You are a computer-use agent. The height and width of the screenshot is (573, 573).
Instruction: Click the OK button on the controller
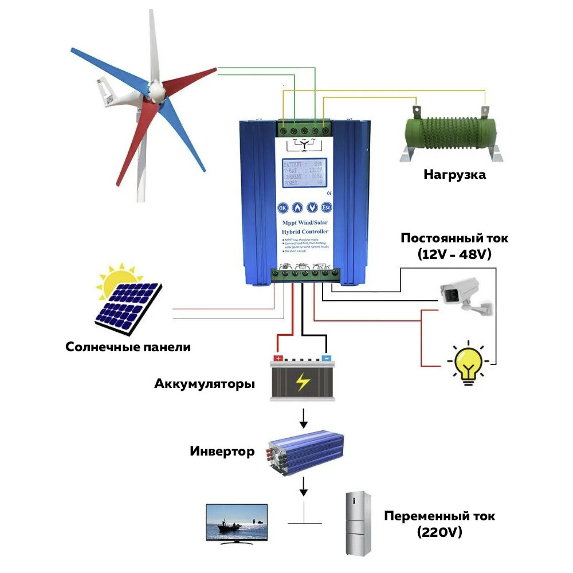pyautogui.click(x=282, y=208)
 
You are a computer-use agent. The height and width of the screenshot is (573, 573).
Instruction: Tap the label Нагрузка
pyautogui.click(x=454, y=175)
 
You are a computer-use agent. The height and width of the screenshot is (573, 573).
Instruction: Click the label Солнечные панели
pyautogui.click(x=128, y=347)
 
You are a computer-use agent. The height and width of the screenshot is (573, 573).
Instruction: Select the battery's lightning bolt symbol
pyautogui.click(x=302, y=382)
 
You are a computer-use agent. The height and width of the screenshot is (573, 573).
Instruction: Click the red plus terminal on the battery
pyautogui.click(x=278, y=358)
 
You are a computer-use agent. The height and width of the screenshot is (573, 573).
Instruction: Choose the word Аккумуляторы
pyautogui.click(x=205, y=384)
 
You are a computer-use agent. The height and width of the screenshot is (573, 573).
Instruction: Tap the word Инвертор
pyautogui.click(x=222, y=452)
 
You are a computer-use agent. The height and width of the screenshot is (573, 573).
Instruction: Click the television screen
pyautogui.click(x=237, y=521)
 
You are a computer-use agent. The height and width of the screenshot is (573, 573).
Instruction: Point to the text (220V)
pyautogui.click(x=439, y=533)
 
